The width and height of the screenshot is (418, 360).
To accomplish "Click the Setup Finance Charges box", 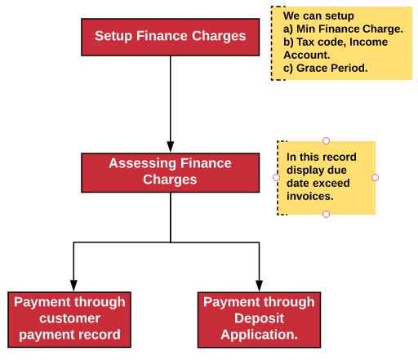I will click(x=170, y=36).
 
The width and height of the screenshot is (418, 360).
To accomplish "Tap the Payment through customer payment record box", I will click(x=69, y=318).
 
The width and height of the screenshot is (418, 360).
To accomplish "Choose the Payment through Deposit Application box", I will click(x=259, y=318).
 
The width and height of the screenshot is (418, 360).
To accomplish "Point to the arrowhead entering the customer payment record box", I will click(x=73, y=285).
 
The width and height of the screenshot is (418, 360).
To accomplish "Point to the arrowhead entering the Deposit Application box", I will click(x=259, y=285).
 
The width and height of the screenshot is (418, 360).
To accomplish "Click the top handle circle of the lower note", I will click(x=326, y=140).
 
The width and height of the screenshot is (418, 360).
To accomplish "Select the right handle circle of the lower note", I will click(x=376, y=177).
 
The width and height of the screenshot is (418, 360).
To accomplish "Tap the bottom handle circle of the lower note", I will click(x=326, y=214).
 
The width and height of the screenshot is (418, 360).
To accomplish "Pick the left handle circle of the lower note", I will click(x=276, y=177).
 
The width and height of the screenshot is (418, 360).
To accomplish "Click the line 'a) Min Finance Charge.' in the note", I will click(x=343, y=29).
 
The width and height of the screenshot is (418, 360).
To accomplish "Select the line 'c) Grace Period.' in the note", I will click(x=325, y=68).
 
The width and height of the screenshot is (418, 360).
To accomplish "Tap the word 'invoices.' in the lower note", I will click(x=309, y=197).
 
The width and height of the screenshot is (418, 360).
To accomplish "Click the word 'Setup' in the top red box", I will click(x=113, y=36).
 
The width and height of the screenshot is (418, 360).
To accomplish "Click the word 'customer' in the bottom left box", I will click(x=69, y=318).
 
